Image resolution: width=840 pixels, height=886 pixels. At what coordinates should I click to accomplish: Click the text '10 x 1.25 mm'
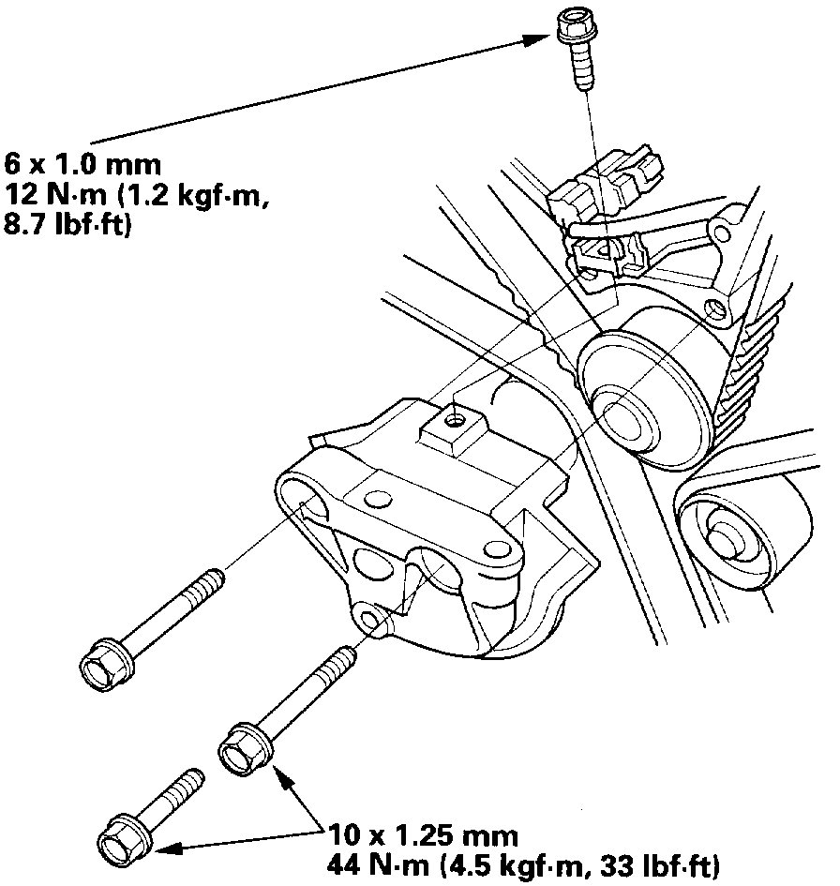[417, 834]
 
